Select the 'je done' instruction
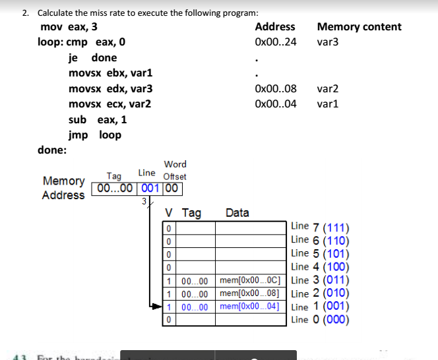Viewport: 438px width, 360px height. tap(92, 57)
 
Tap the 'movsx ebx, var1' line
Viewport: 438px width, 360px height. tap(110, 73)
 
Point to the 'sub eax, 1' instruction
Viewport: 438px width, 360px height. tap(98, 119)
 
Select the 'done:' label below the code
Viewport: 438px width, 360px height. tap(52, 150)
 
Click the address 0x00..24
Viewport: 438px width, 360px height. tap(275, 42)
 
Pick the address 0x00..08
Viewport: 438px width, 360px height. tap(275, 88)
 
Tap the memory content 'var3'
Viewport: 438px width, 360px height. tap(328, 42)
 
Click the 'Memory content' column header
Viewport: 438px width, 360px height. tap(359, 27)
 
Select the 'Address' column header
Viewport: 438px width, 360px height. tap(275, 27)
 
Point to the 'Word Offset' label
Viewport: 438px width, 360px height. tap(175, 170)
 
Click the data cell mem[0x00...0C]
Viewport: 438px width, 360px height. tap(253, 281)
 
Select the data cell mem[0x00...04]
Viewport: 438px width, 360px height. tap(253, 307)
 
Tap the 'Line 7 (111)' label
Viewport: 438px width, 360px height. tap(321, 227)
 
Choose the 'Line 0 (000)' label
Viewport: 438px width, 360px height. tap(321, 320)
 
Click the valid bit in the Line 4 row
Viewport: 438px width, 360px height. tap(170, 268)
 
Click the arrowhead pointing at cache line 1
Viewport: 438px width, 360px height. tap(158, 307)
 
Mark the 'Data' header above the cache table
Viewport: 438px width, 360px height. tap(237, 213)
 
